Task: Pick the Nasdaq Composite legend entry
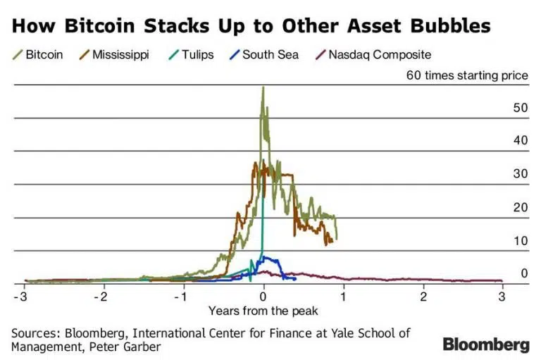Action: coord(373,54)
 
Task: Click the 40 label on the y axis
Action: coord(521,141)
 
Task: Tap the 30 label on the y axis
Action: coord(521,174)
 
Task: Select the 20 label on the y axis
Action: coord(521,207)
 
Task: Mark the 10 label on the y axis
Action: coord(521,240)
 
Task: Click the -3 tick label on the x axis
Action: coord(23,296)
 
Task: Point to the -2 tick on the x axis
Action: coord(103,296)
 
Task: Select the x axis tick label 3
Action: coord(503,296)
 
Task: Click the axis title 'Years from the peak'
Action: coord(263,311)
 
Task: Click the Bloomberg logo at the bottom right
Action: coord(485,345)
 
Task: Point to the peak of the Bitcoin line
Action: coord(263,87)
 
